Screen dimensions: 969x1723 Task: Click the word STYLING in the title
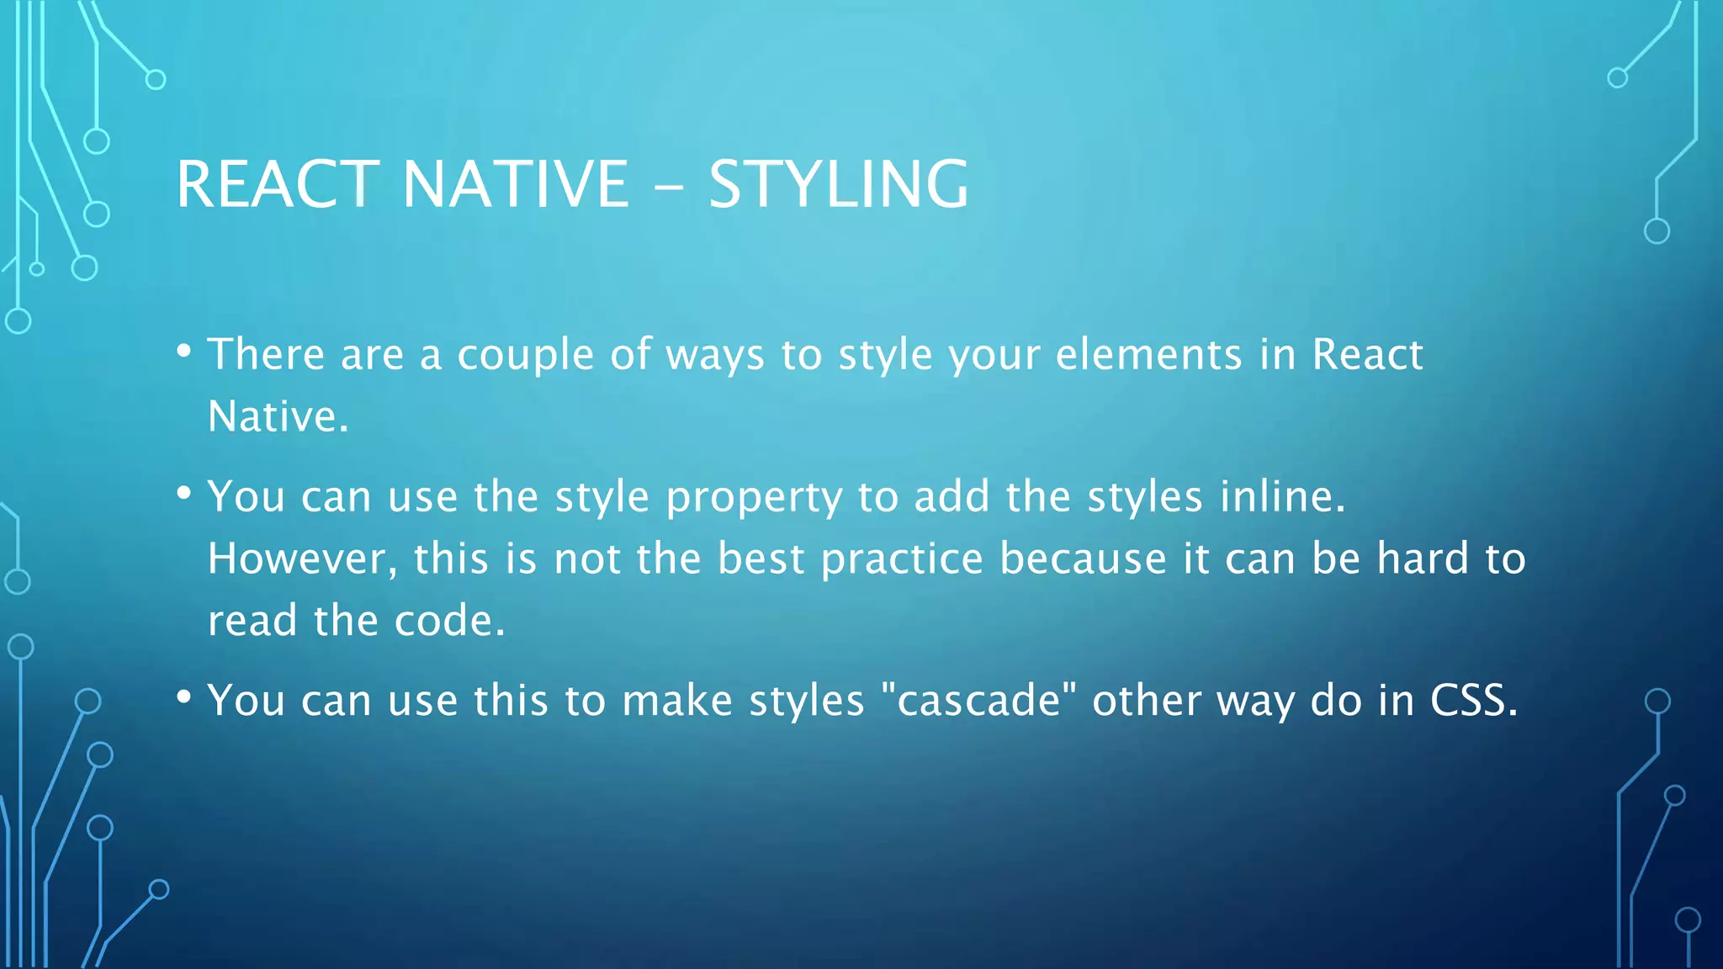838,184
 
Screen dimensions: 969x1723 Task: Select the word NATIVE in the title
515,184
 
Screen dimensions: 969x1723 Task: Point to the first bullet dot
184,351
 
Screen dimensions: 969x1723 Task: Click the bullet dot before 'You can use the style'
184,493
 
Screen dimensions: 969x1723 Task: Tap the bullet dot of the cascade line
184,697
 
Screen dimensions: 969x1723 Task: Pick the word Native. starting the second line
278,417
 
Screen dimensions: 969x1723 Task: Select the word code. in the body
449,622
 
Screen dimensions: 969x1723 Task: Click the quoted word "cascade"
978,701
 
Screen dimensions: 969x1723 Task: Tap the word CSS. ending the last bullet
1474,701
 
